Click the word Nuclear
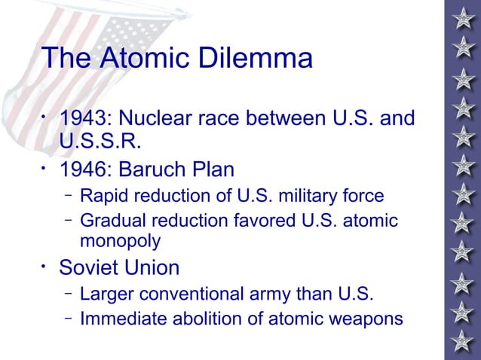pyautogui.click(x=158, y=119)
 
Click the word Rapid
pyautogui.click(x=102, y=197)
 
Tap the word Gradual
pyautogui.click(x=111, y=221)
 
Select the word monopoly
pyautogui.click(x=120, y=241)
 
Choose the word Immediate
pyautogui.click(x=121, y=319)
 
